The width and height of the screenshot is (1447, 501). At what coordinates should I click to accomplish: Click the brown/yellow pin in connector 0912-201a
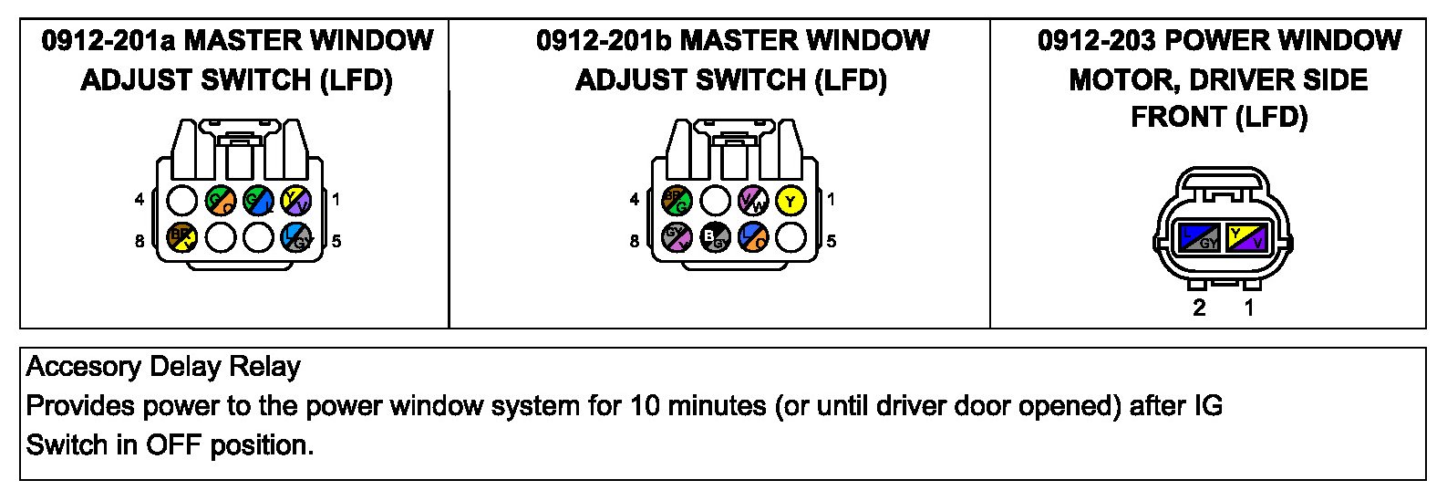[182, 237]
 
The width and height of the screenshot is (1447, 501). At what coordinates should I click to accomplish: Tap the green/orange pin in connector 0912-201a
[221, 200]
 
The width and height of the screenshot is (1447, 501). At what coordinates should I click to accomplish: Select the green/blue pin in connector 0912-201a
[258, 200]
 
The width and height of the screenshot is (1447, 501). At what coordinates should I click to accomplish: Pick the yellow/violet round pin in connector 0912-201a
[296, 200]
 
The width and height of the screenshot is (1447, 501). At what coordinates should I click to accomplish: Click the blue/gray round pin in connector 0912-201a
[296, 237]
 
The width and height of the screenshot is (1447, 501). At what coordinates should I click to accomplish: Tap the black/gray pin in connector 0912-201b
[716, 238]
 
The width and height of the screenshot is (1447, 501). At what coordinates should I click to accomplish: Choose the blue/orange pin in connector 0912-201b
[753, 238]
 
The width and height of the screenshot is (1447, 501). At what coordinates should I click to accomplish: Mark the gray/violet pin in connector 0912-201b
[677, 238]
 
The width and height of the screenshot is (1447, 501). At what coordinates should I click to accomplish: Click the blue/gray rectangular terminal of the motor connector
[1197, 238]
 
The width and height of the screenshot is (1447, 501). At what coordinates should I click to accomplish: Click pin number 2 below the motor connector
[1199, 308]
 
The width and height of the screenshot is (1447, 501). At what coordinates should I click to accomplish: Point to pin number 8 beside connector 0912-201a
[140, 242]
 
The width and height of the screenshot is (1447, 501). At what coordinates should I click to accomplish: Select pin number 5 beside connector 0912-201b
[831, 242]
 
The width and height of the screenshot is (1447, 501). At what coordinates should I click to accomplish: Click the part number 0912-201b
[604, 41]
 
